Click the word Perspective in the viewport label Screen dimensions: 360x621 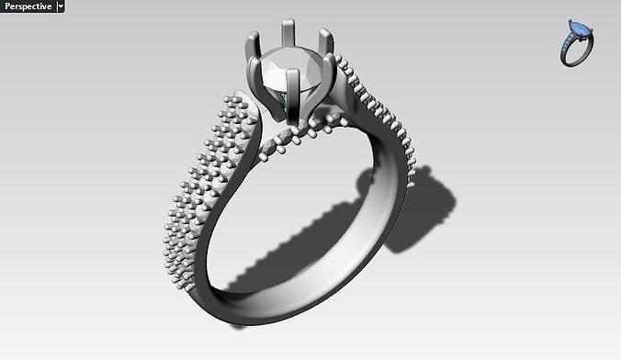(x=27, y=6)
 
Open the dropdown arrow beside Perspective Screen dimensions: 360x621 (x=61, y=6)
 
